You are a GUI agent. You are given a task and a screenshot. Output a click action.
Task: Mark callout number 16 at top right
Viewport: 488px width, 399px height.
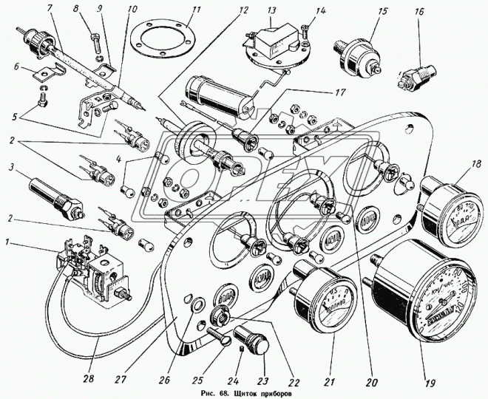418,12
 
